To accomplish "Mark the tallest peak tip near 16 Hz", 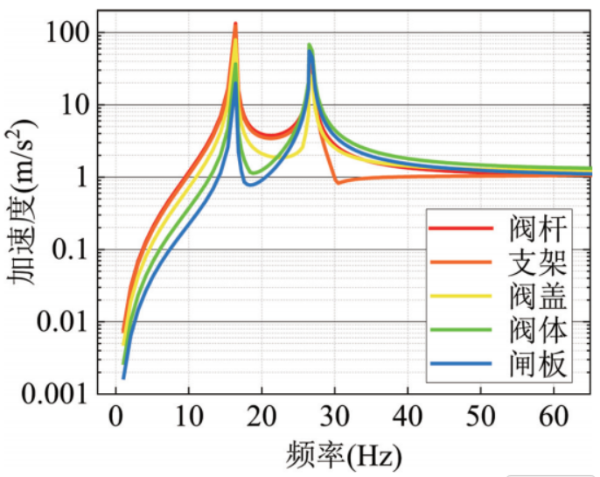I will pos(235,24).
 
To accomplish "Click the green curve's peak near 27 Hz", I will pos(310,45).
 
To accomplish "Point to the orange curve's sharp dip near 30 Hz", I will pos(338,183).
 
